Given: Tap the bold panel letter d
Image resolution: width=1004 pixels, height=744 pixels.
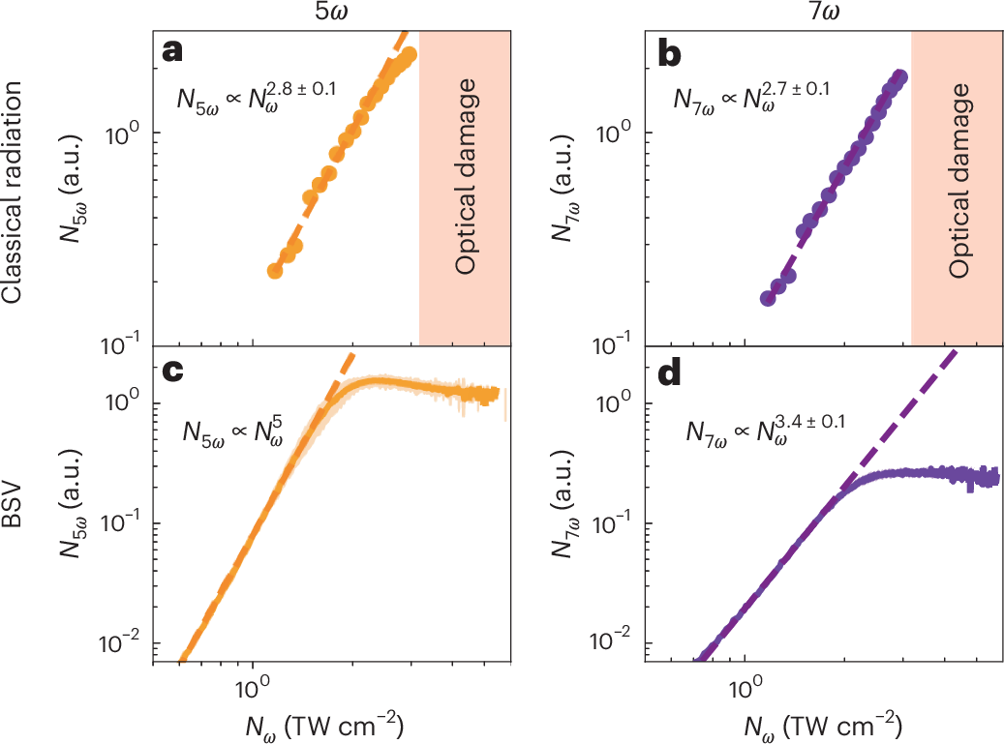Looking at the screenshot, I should pos(667,372).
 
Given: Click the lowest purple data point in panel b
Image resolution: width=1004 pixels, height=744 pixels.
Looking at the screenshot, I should pos(767,298).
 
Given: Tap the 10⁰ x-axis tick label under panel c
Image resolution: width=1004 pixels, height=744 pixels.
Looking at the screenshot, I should pos(252,691).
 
